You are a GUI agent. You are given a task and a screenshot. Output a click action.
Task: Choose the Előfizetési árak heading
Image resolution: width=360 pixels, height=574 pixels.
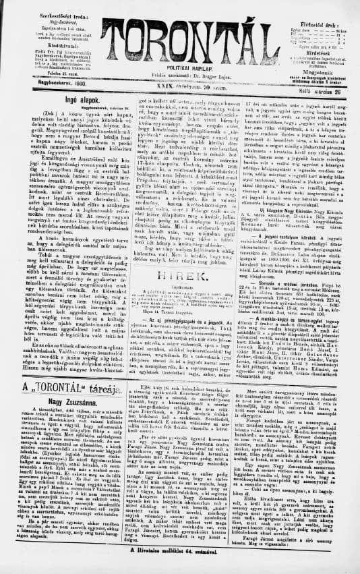[x=320, y=9]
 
